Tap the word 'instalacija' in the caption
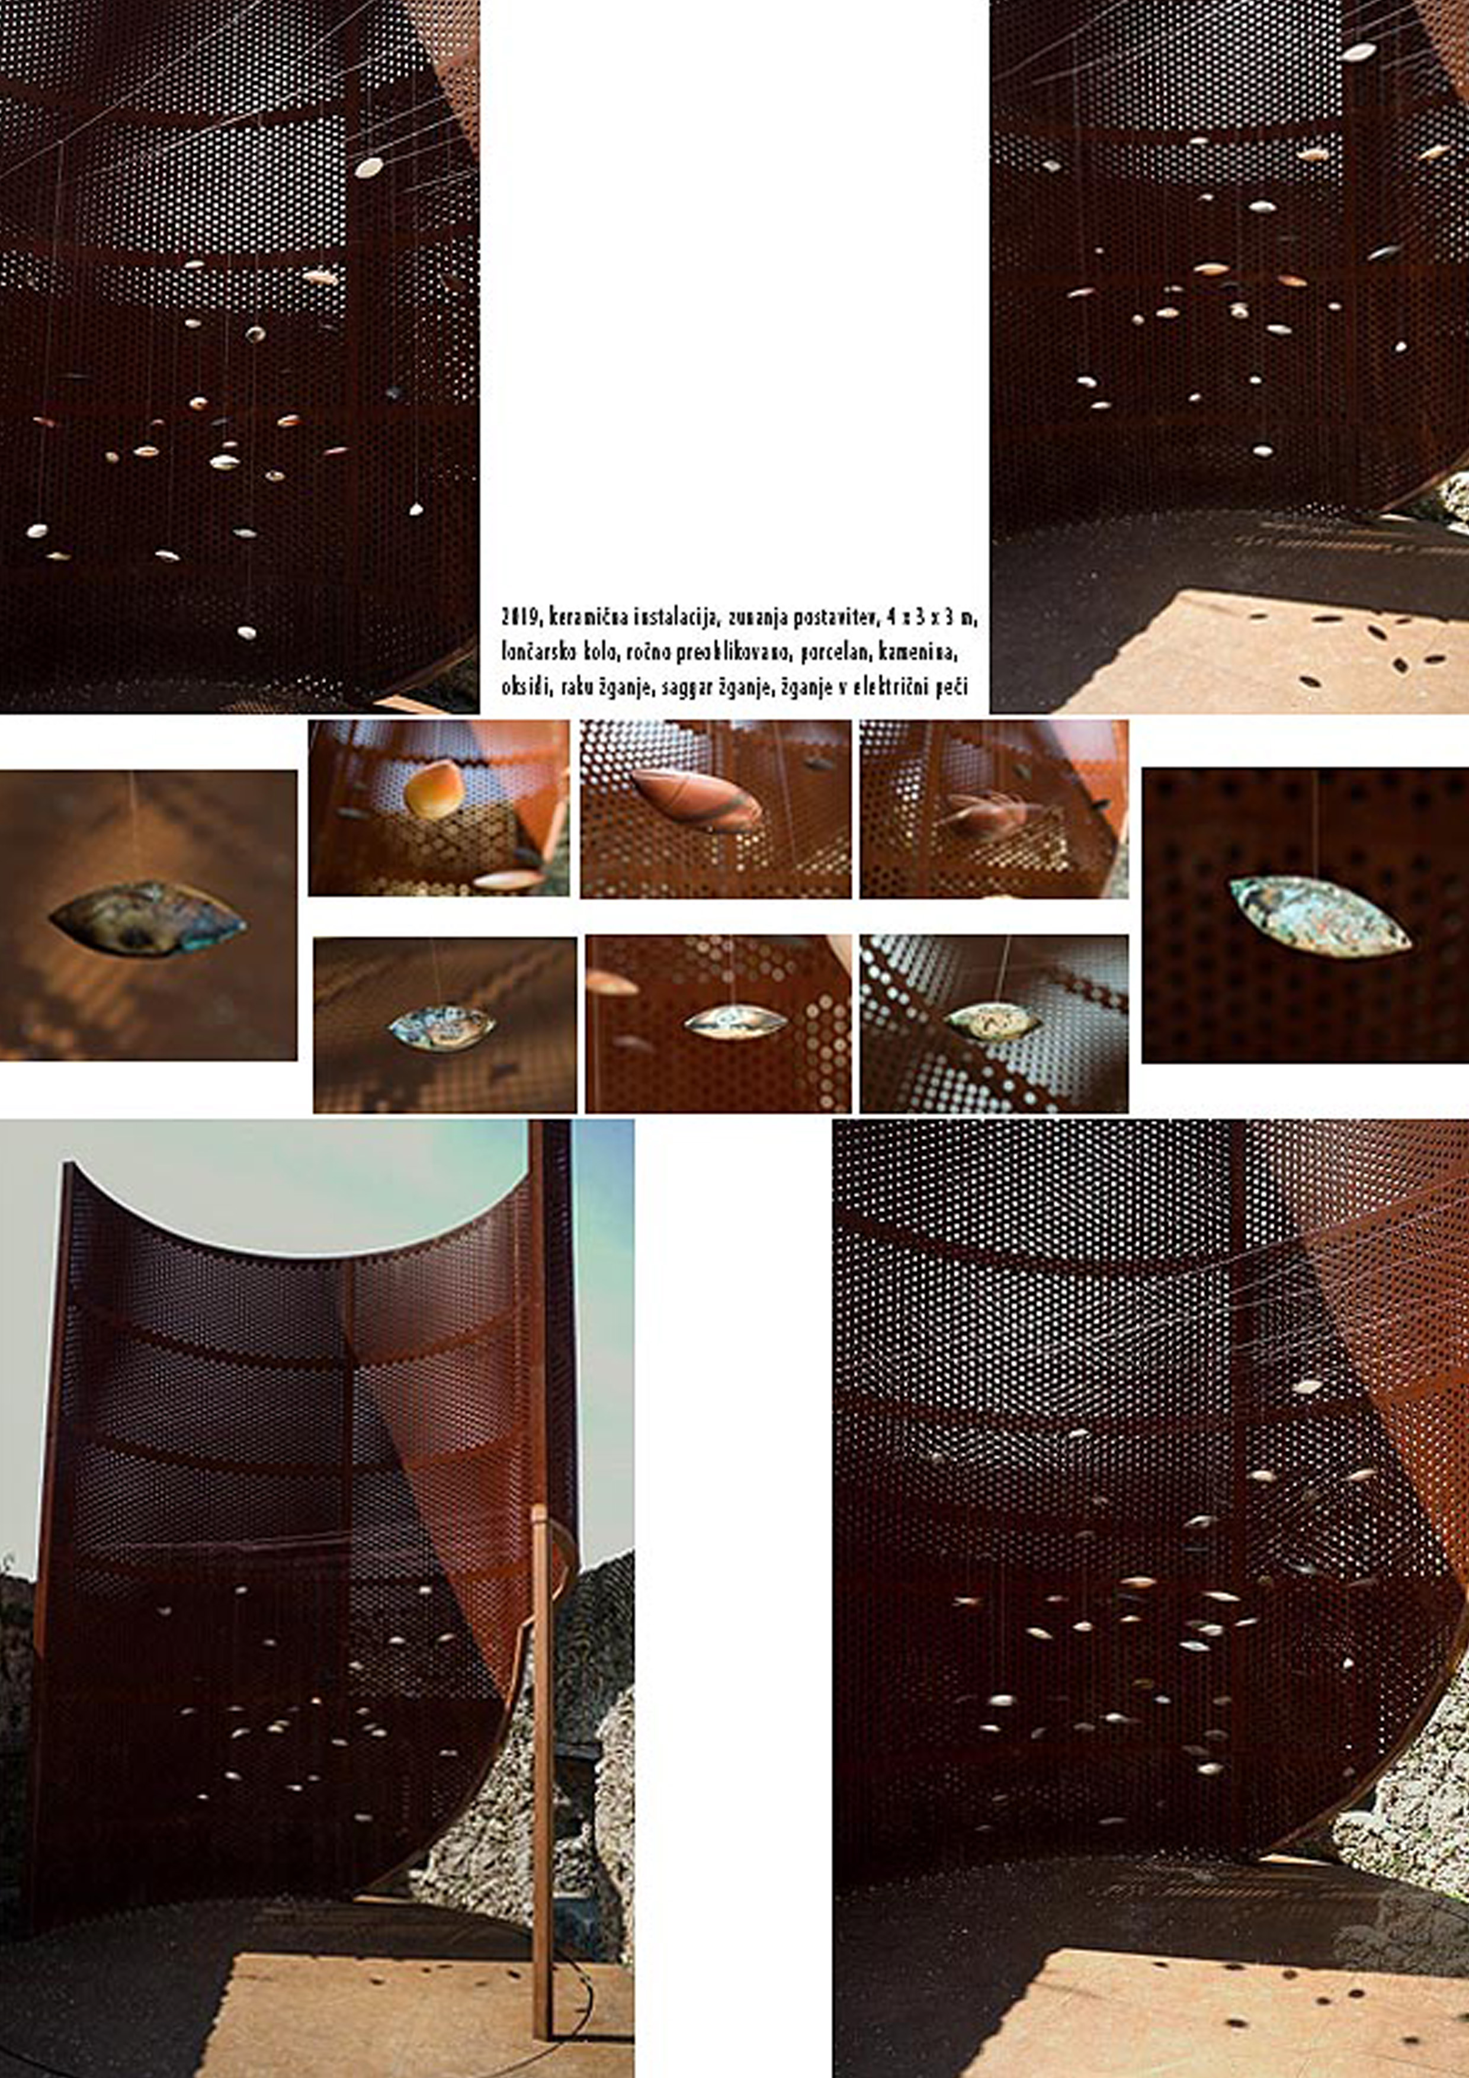[x=676, y=617]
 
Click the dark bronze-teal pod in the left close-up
[x=147, y=918]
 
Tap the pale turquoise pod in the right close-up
[x=1320, y=915]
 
